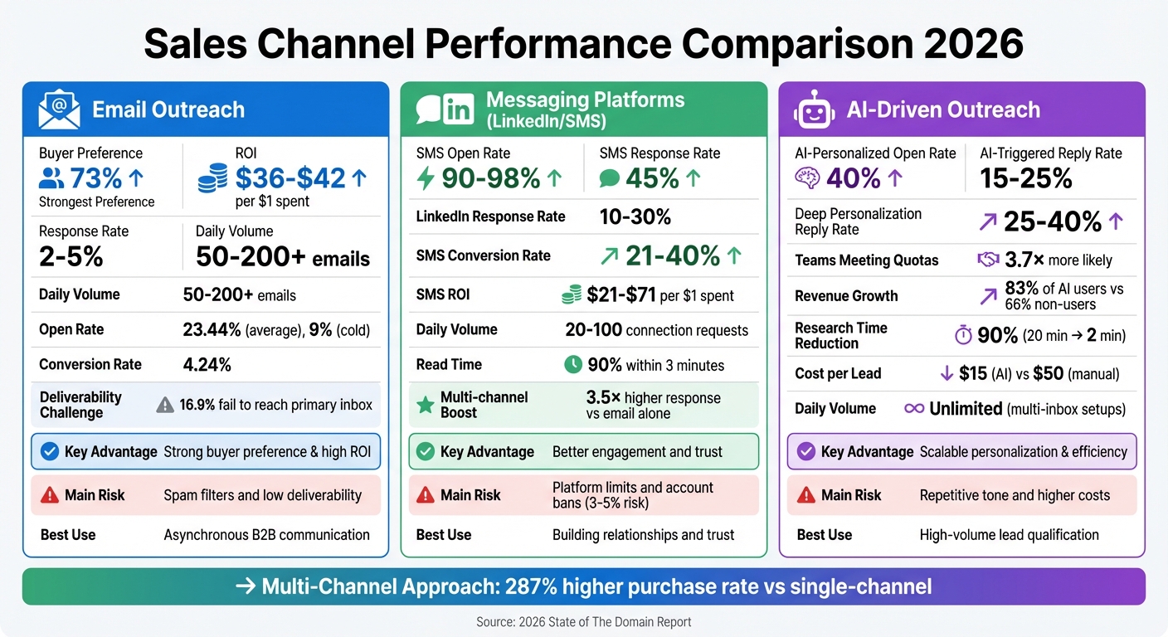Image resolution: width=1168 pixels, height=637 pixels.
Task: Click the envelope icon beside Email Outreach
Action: point(59,110)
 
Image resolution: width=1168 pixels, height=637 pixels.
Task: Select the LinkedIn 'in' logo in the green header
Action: point(457,109)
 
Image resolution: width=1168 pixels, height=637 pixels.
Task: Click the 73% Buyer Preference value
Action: point(95,178)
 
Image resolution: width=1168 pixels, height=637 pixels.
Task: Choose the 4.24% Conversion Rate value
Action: point(207,364)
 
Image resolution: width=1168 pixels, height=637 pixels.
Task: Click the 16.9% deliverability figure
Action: point(197,405)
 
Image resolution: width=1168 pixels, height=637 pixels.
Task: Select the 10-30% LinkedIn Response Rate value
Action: point(635,217)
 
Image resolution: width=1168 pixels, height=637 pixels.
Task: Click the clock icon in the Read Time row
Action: point(572,364)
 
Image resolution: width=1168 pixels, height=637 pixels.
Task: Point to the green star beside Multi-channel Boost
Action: point(425,405)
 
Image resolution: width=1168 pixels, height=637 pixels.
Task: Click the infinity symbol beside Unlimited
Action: point(914,408)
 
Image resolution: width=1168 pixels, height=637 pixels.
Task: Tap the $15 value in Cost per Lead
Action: point(973,373)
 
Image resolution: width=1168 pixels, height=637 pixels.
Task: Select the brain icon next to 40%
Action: point(806,179)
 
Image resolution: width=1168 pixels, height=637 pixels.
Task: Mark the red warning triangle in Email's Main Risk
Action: point(49,495)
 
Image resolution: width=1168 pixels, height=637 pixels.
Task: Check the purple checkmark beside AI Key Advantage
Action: point(805,452)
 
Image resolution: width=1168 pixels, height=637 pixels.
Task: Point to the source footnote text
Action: point(583,621)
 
